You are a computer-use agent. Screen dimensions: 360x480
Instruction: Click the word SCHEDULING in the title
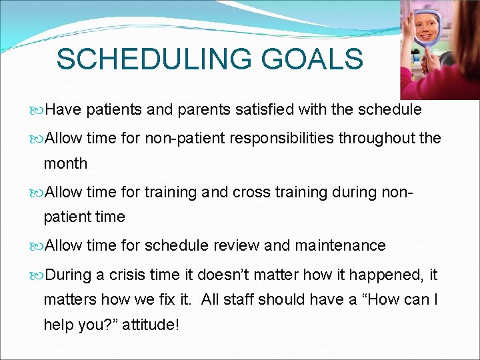[x=154, y=59]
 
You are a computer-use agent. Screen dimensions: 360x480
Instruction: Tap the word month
[x=65, y=163]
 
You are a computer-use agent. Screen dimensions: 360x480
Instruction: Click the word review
[x=237, y=245]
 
